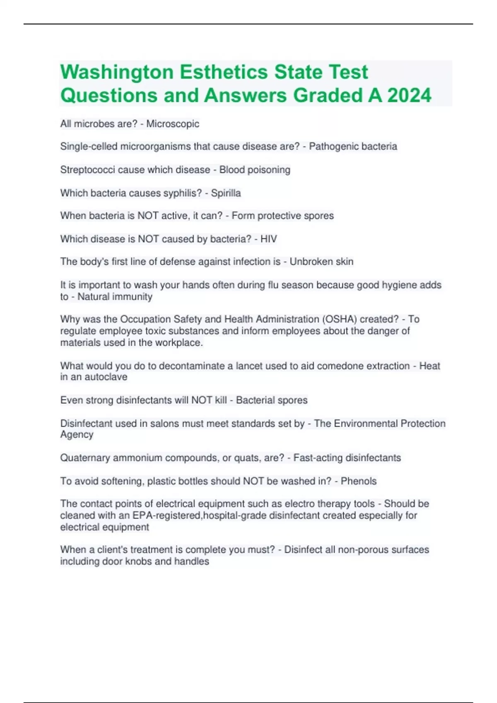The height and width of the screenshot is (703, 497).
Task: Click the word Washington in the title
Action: pos(117,72)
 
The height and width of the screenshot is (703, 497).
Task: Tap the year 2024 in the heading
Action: pos(409,96)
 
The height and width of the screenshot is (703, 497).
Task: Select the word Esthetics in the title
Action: pos(224,72)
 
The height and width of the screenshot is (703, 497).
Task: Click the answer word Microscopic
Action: pos(173,124)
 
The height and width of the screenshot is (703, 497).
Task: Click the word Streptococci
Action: pos(88,170)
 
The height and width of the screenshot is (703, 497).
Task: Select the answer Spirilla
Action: pos(226,193)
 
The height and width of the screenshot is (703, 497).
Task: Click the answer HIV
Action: pos(268,239)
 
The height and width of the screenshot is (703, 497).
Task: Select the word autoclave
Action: pos(106,377)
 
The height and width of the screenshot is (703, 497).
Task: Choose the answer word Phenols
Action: pos(359,481)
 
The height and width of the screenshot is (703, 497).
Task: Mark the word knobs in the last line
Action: pos(140,561)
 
